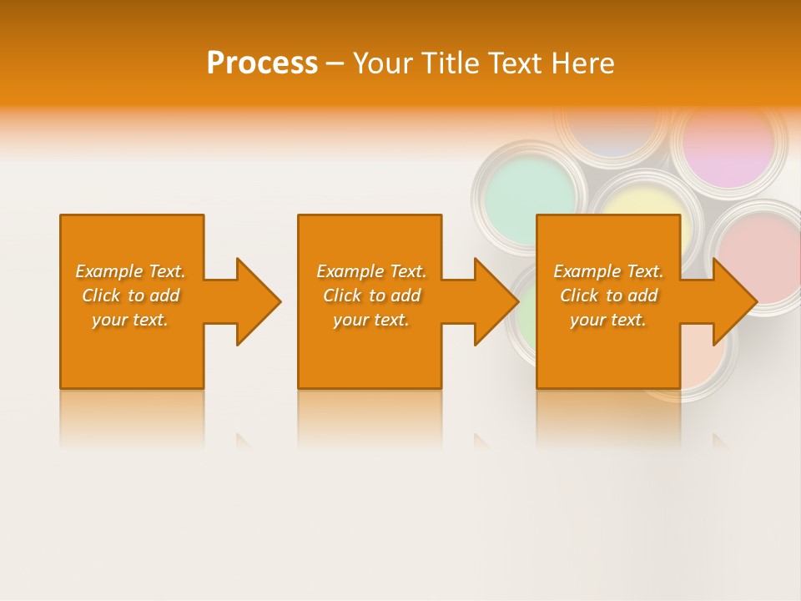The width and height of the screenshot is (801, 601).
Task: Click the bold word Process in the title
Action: point(262,63)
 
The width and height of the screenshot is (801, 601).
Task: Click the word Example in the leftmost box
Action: point(109,271)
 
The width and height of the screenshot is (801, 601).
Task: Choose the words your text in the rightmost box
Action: point(608,320)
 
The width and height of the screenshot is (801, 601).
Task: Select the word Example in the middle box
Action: point(350,271)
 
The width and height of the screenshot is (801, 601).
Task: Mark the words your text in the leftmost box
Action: point(130,320)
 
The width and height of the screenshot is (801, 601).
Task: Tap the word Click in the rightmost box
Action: point(579,295)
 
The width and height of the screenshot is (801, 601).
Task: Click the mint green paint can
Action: point(528,195)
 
